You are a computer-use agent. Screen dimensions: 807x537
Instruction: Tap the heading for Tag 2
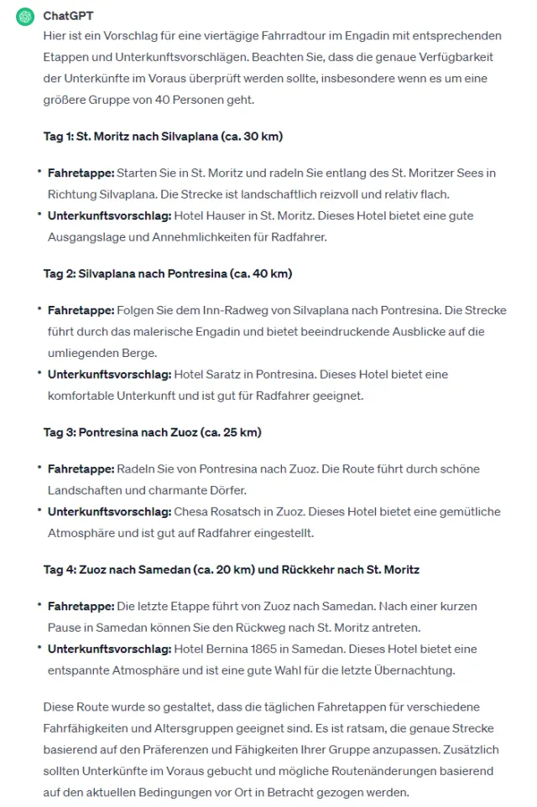coord(168,274)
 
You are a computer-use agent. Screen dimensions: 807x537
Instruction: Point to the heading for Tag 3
coord(153,432)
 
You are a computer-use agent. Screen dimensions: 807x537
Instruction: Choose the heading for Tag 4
coord(231,570)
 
